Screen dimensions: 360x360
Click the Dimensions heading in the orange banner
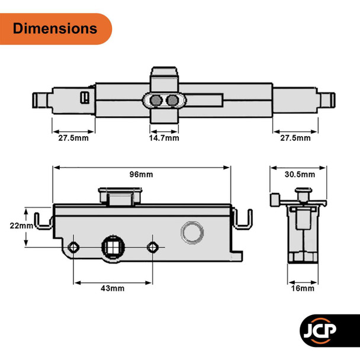click(54, 28)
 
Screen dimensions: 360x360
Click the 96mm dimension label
click(142, 174)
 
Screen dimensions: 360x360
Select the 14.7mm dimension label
click(164, 138)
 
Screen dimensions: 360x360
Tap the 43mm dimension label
click(112, 288)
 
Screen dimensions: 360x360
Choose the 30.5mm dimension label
click(300, 174)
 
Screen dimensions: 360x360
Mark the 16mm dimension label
click(300, 288)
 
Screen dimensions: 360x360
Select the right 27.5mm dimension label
click(295, 138)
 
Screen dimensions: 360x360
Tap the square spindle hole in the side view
click(112, 246)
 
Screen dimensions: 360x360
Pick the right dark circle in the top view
click(172, 101)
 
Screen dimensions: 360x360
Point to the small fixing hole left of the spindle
click(73, 246)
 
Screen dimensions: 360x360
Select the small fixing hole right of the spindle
click(153, 246)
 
